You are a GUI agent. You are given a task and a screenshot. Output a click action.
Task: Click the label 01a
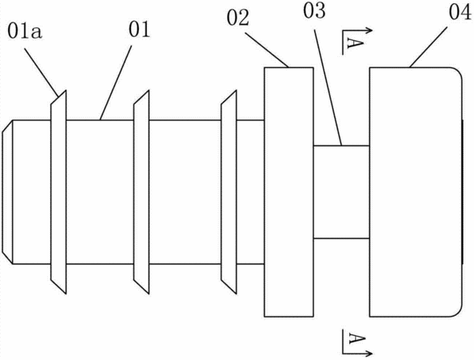[x=25, y=32]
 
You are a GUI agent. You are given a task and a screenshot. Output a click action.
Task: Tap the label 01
[x=139, y=30]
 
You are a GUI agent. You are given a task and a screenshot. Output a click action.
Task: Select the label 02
[x=238, y=18]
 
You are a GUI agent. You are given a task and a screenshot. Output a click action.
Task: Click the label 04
[x=460, y=13]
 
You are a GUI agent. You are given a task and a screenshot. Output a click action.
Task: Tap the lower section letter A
[x=356, y=338]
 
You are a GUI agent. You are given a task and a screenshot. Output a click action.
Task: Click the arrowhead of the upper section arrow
[x=368, y=30]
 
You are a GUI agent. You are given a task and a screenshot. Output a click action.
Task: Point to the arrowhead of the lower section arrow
[x=368, y=353]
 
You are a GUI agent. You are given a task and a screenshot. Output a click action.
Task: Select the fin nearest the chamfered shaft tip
[x=58, y=192]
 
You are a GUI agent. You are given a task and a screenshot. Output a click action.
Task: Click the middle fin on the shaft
[x=141, y=192]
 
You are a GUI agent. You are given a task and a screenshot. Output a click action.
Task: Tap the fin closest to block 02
[x=229, y=192]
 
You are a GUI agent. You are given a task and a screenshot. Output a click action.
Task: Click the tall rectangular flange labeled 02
[x=289, y=192]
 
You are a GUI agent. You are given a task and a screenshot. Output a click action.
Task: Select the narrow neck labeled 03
[x=341, y=192]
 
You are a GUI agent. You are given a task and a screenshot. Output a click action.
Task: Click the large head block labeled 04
[x=416, y=192]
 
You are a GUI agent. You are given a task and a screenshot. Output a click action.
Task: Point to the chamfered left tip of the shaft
[x=7, y=192]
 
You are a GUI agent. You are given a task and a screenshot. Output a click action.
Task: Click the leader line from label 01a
[x=41, y=72]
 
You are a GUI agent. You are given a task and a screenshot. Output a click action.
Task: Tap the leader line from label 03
[x=328, y=87]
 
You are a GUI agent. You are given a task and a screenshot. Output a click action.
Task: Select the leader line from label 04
[x=428, y=46]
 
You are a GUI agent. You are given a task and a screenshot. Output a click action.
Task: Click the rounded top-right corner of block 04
[x=459, y=70]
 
